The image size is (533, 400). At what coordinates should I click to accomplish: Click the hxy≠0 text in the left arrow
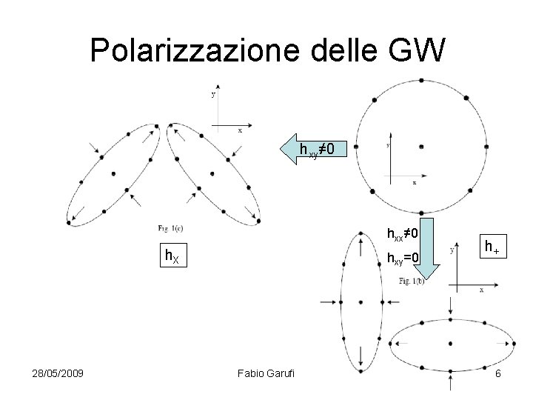click(317, 150)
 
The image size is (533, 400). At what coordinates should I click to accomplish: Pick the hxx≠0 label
click(403, 234)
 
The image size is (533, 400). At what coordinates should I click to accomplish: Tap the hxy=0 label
click(403, 259)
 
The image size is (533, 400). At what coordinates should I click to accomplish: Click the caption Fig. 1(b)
click(413, 282)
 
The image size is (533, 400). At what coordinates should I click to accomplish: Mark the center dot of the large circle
click(421, 147)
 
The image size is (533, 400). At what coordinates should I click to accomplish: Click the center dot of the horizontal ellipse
click(452, 344)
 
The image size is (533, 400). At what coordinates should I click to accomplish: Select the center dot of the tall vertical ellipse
click(360, 302)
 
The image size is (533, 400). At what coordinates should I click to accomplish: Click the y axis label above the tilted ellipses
click(213, 95)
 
